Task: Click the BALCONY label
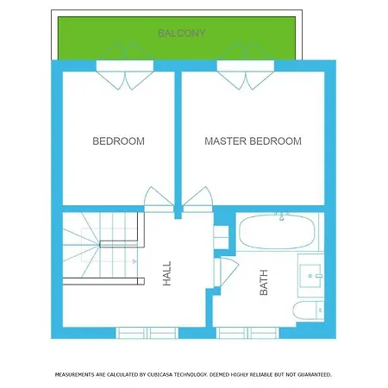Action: (x=182, y=33)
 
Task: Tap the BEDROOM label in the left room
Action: (x=118, y=141)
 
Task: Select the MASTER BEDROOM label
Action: (x=253, y=141)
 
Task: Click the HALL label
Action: (x=166, y=273)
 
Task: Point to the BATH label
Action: (x=264, y=283)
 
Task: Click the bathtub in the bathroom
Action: (x=277, y=232)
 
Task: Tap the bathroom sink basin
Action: (x=310, y=276)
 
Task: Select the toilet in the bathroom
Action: (x=309, y=310)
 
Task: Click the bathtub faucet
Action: (x=282, y=216)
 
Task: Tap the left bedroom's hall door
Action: (x=159, y=199)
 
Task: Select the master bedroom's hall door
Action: (x=197, y=199)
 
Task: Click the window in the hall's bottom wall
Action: (x=147, y=333)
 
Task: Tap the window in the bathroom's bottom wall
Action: (x=247, y=333)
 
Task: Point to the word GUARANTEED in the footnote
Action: (x=315, y=375)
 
